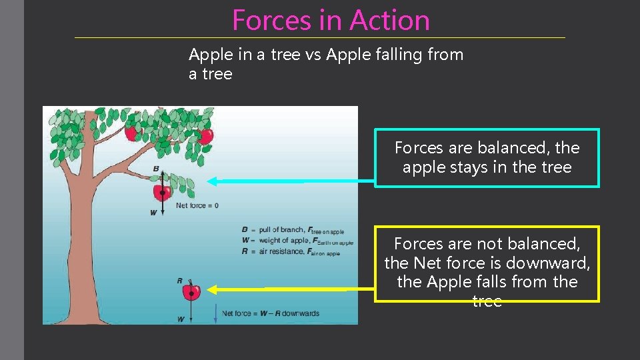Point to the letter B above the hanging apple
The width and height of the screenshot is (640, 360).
click(x=155, y=169)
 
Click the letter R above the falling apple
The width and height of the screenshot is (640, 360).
click(x=180, y=281)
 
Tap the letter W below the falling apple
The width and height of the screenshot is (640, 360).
click(x=181, y=319)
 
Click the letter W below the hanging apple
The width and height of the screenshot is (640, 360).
click(x=153, y=213)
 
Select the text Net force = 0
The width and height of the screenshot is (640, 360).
click(x=197, y=205)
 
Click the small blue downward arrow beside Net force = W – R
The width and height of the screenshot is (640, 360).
click(x=215, y=313)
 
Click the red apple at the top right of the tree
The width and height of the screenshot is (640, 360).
click(x=206, y=136)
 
